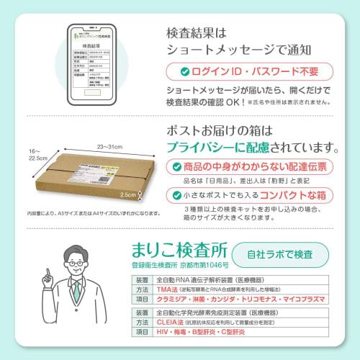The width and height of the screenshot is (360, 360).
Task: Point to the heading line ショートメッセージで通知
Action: tap(239, 50)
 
